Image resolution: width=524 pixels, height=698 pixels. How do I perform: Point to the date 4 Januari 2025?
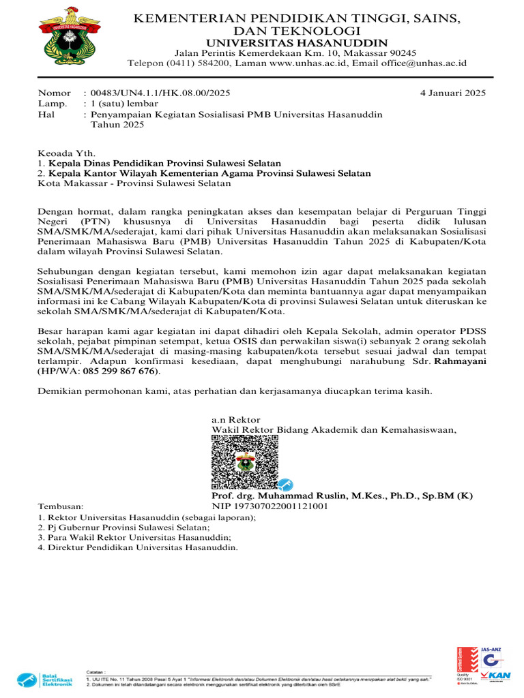tap(452, 93)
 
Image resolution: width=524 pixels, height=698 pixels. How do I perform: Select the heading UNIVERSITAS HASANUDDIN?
tap(295, 43)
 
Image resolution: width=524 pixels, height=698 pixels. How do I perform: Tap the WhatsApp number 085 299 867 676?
tap(119, 371)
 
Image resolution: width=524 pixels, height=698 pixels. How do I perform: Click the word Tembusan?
tap(60, 506)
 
